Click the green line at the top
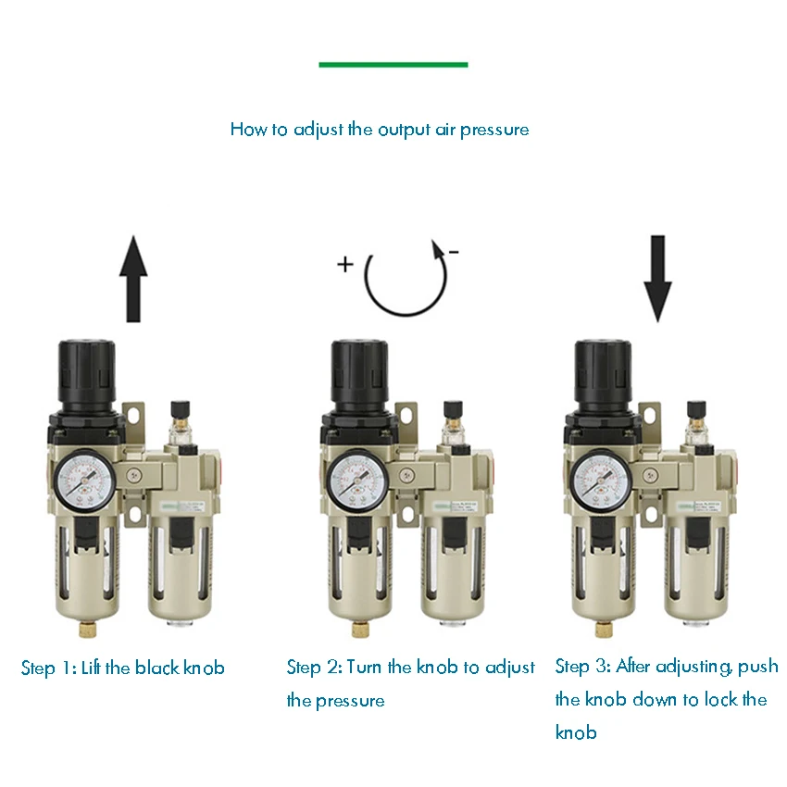(x=393, y=65)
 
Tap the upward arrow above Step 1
(x=135, y=278)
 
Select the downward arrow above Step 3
(x=658, y=278)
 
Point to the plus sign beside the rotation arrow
(x=345, y=265)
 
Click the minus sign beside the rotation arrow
(x=454, y=252)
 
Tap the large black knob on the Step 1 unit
(x=88, y=370)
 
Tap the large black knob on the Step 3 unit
(x=603, y=370)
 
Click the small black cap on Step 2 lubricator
(x=454, y=408)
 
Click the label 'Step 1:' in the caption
(x=49, y=668)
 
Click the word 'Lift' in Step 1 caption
(x=93, y=668)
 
